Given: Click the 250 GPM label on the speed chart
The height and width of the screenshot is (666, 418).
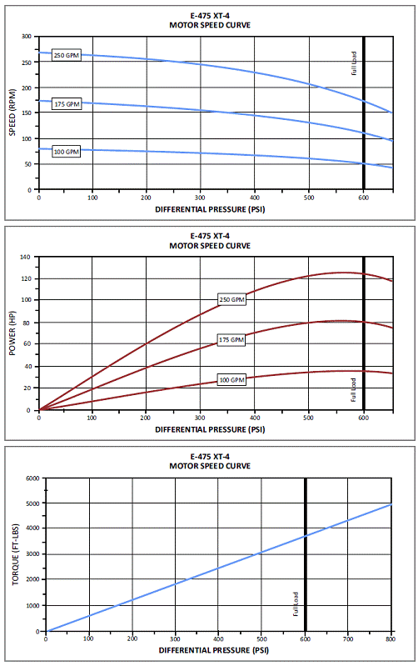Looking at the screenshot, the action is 67,55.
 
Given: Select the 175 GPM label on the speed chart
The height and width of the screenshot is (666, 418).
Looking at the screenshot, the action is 67,104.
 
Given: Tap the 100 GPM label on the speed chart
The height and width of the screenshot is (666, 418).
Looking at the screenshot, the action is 67,152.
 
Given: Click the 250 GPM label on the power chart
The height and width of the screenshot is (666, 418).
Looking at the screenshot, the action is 231,299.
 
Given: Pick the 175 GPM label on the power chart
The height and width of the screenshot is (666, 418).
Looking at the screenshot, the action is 231,340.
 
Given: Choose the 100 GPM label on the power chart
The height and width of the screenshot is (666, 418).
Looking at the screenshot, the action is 231,380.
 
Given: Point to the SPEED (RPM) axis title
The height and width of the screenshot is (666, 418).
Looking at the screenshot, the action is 12,113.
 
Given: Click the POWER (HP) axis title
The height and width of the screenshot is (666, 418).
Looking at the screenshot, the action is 12,334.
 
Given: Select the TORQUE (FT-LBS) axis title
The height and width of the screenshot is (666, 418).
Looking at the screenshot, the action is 16,554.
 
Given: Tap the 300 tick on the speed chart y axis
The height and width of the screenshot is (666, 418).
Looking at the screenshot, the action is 27,37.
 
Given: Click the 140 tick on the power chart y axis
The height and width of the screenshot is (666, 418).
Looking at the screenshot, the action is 26,257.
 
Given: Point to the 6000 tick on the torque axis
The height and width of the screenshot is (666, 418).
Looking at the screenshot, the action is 32,478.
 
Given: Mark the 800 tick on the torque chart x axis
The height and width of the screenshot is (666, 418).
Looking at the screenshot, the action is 391,639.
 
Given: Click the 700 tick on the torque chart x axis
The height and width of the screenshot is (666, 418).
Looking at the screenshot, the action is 347,639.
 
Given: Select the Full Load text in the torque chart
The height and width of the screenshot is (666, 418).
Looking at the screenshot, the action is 296,604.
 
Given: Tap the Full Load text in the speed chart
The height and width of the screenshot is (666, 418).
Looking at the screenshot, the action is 354,63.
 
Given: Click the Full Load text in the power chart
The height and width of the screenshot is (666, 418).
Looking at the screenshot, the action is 354,390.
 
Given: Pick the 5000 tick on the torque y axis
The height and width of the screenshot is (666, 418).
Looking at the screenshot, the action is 32,503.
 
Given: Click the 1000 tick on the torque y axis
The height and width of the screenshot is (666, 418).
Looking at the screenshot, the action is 32,606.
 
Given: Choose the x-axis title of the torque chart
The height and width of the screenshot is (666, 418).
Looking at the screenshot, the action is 214,650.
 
